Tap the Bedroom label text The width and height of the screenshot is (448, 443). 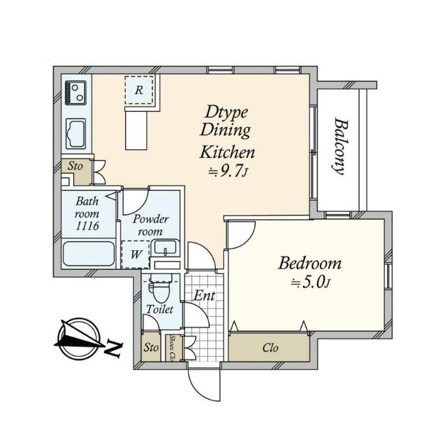click(x=310, y=263)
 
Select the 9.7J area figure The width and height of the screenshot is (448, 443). click(x=228, y=172)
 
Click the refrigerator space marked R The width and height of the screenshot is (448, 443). click(x=139, y=90)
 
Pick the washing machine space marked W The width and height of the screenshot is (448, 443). click(x=135, y=254)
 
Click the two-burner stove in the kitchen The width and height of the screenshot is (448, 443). click(x=75, y=92)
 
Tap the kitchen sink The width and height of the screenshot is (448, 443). click(x=75, y=134)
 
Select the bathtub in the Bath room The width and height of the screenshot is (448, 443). click(x=89, y=254)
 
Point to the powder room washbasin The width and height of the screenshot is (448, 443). click(x=165, y=248)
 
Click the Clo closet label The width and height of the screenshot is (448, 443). click(x=270, y=348)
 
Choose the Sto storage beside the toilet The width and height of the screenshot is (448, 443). click(x=151, y=347)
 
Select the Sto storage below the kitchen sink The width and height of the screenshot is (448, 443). click(x=75, y=166)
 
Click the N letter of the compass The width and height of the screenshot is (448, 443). click(x=113, y=349)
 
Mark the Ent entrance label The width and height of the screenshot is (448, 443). click(x=204, y=295)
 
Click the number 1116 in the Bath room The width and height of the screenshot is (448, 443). click(x=87, y=226)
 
